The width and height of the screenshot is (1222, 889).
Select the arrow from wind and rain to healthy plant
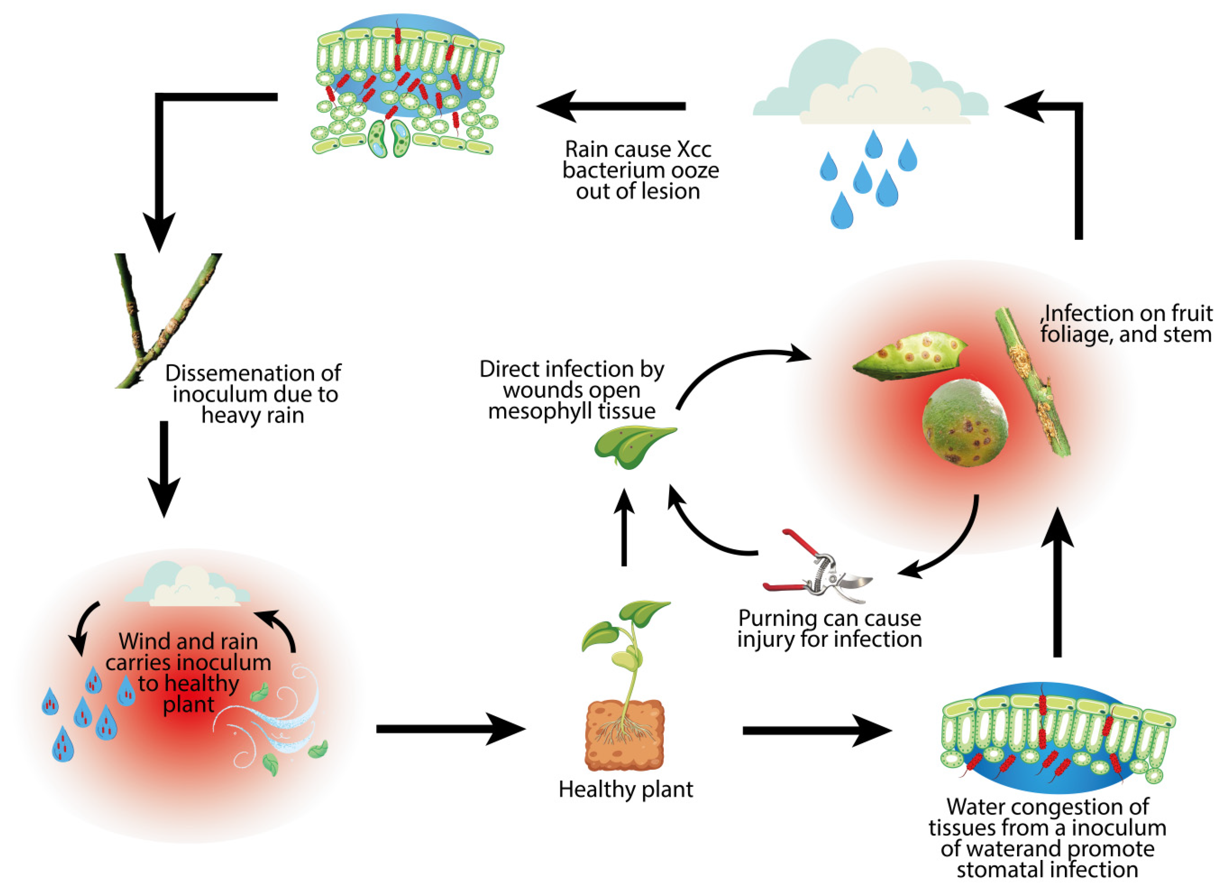pyautogui.click(x=450, y=729)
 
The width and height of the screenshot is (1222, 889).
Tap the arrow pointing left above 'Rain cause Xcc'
pyautogui.click(x=611, y=106)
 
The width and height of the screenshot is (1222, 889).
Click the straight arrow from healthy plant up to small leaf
pyautogui.click(x=624, y=528)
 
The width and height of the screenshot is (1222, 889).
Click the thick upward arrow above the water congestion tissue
pyautogui.click(x=1057, y=582)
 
